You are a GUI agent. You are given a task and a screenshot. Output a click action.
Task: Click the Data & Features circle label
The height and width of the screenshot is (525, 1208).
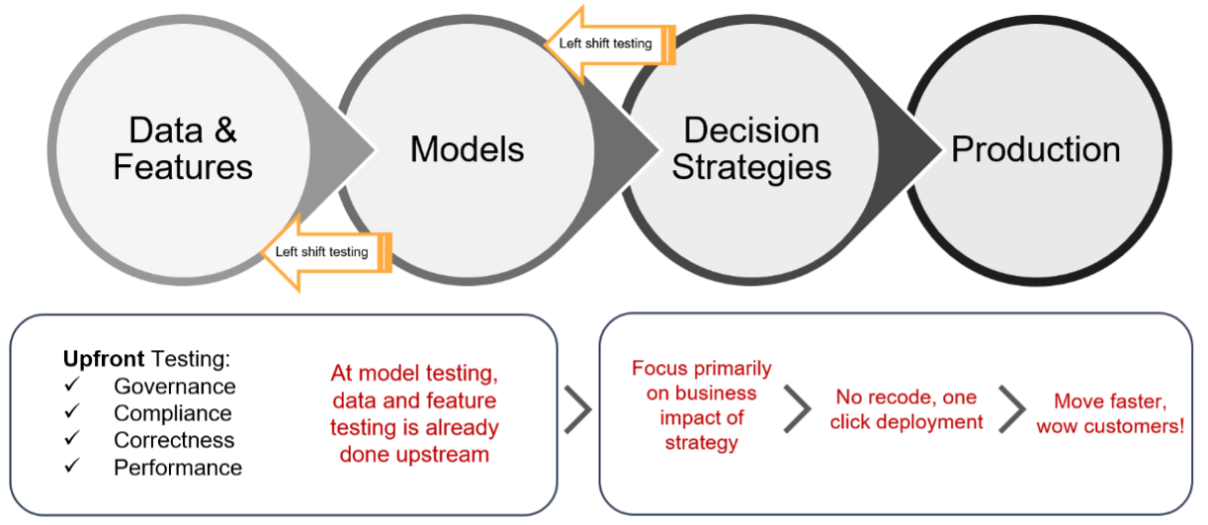pyautogui.click(x=183, y=148)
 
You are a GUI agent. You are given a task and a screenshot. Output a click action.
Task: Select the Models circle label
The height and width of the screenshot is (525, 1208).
pyautogui.click(x=468, y=149)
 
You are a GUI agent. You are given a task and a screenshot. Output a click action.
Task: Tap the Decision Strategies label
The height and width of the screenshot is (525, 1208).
pyautogui.click(x=751, y=148)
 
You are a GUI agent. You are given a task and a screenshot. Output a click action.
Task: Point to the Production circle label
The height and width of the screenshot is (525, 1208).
pyautogui.click(x=1035, y=149)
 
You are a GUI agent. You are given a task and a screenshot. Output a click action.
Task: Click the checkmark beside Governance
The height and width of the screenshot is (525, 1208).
pyautogui.click(x=71, y=386)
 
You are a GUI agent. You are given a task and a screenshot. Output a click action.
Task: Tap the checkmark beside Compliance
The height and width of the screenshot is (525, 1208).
pyautogui.click(x=71, y=412)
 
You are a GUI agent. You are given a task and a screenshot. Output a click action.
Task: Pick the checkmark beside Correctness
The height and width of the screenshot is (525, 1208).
pyautogui.click(x=71, y=439)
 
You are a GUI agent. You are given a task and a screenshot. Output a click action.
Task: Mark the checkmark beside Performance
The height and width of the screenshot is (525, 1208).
pyautogui.click(x=71, y=466)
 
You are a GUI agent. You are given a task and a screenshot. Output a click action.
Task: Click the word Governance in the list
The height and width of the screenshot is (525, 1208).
pyautogui.click(x=175, y=387)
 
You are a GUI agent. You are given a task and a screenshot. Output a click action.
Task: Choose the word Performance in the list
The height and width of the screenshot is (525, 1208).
pyautogui.click(x=178, y=467)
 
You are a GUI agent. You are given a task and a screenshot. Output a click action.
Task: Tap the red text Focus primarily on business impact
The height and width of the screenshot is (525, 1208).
pyautogui.click(x=701, y=405)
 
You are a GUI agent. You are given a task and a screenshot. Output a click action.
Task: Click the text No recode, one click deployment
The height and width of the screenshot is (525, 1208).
pyautogui.click(x=906, y=409)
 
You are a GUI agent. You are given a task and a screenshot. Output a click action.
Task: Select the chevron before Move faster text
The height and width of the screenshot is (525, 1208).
pyautogui.click(x=1012, y=409)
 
